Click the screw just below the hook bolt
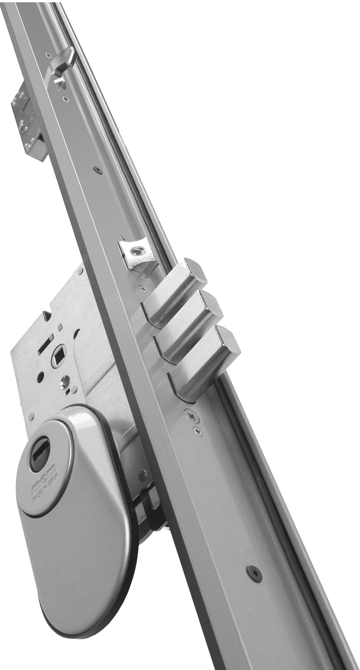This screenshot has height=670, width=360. (63, 98)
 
